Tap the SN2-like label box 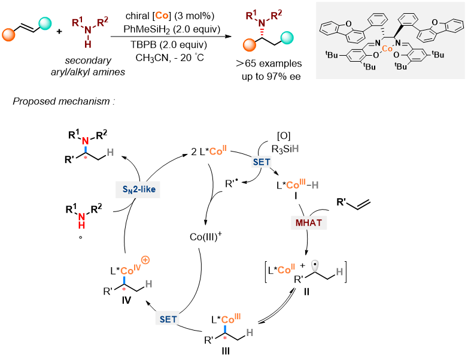[x=137, y=189]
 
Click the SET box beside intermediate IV [x=168, y=319]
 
